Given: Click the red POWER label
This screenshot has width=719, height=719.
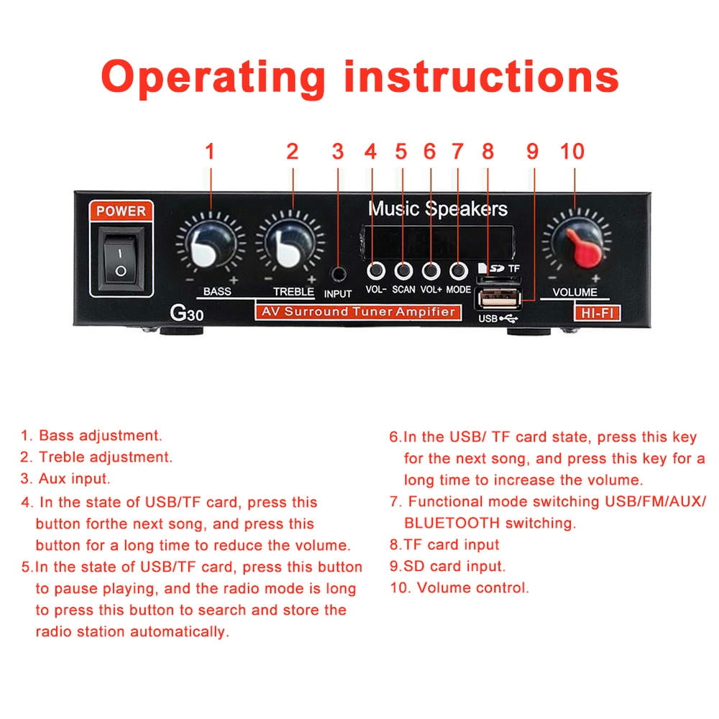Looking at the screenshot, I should coord(121,211).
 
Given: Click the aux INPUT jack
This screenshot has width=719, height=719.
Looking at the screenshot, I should coord(338,273).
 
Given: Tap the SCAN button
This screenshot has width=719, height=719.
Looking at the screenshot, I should coord(403,271).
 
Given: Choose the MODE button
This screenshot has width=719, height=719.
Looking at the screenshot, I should coord(458,271).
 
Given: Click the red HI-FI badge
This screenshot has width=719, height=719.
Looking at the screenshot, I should coord(596,312).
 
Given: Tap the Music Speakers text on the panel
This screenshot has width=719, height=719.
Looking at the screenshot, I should coord(438,209).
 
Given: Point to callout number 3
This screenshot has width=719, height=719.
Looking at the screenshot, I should coord(338,152).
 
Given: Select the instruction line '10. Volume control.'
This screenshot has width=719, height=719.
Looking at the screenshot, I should coord(459,587).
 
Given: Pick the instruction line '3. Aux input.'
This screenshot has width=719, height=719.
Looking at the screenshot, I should coord(65,478).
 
